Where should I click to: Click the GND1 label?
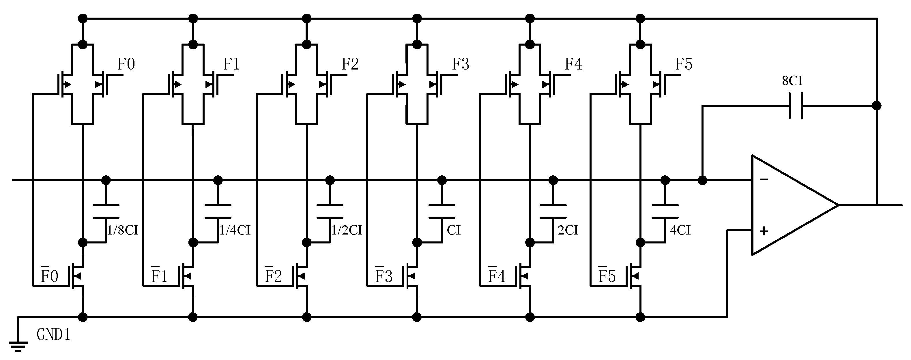(x=53, y=334)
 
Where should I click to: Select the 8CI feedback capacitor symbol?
(x=796, y=105)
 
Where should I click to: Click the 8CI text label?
(x=792, y=81)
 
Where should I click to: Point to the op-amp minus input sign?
(x=764, y=179)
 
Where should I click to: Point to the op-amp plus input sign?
(x=764, y=231)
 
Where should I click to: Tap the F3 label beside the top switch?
(x=461, y=64)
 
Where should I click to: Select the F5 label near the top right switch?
(x=684, y=64)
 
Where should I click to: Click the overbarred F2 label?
(x=273, y=275)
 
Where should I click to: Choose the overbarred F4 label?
(x=497, y=275)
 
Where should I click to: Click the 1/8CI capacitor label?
(x=122, y=230)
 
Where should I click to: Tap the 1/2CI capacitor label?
(x=347, y=230)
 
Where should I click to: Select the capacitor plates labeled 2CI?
(x=553, y=211)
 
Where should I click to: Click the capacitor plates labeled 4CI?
(x=665, y=211)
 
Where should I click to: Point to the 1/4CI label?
(x=235, y=230)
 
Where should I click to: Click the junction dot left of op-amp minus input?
(x=702, y=180)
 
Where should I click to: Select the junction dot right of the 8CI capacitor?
(x=877, y=105)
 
